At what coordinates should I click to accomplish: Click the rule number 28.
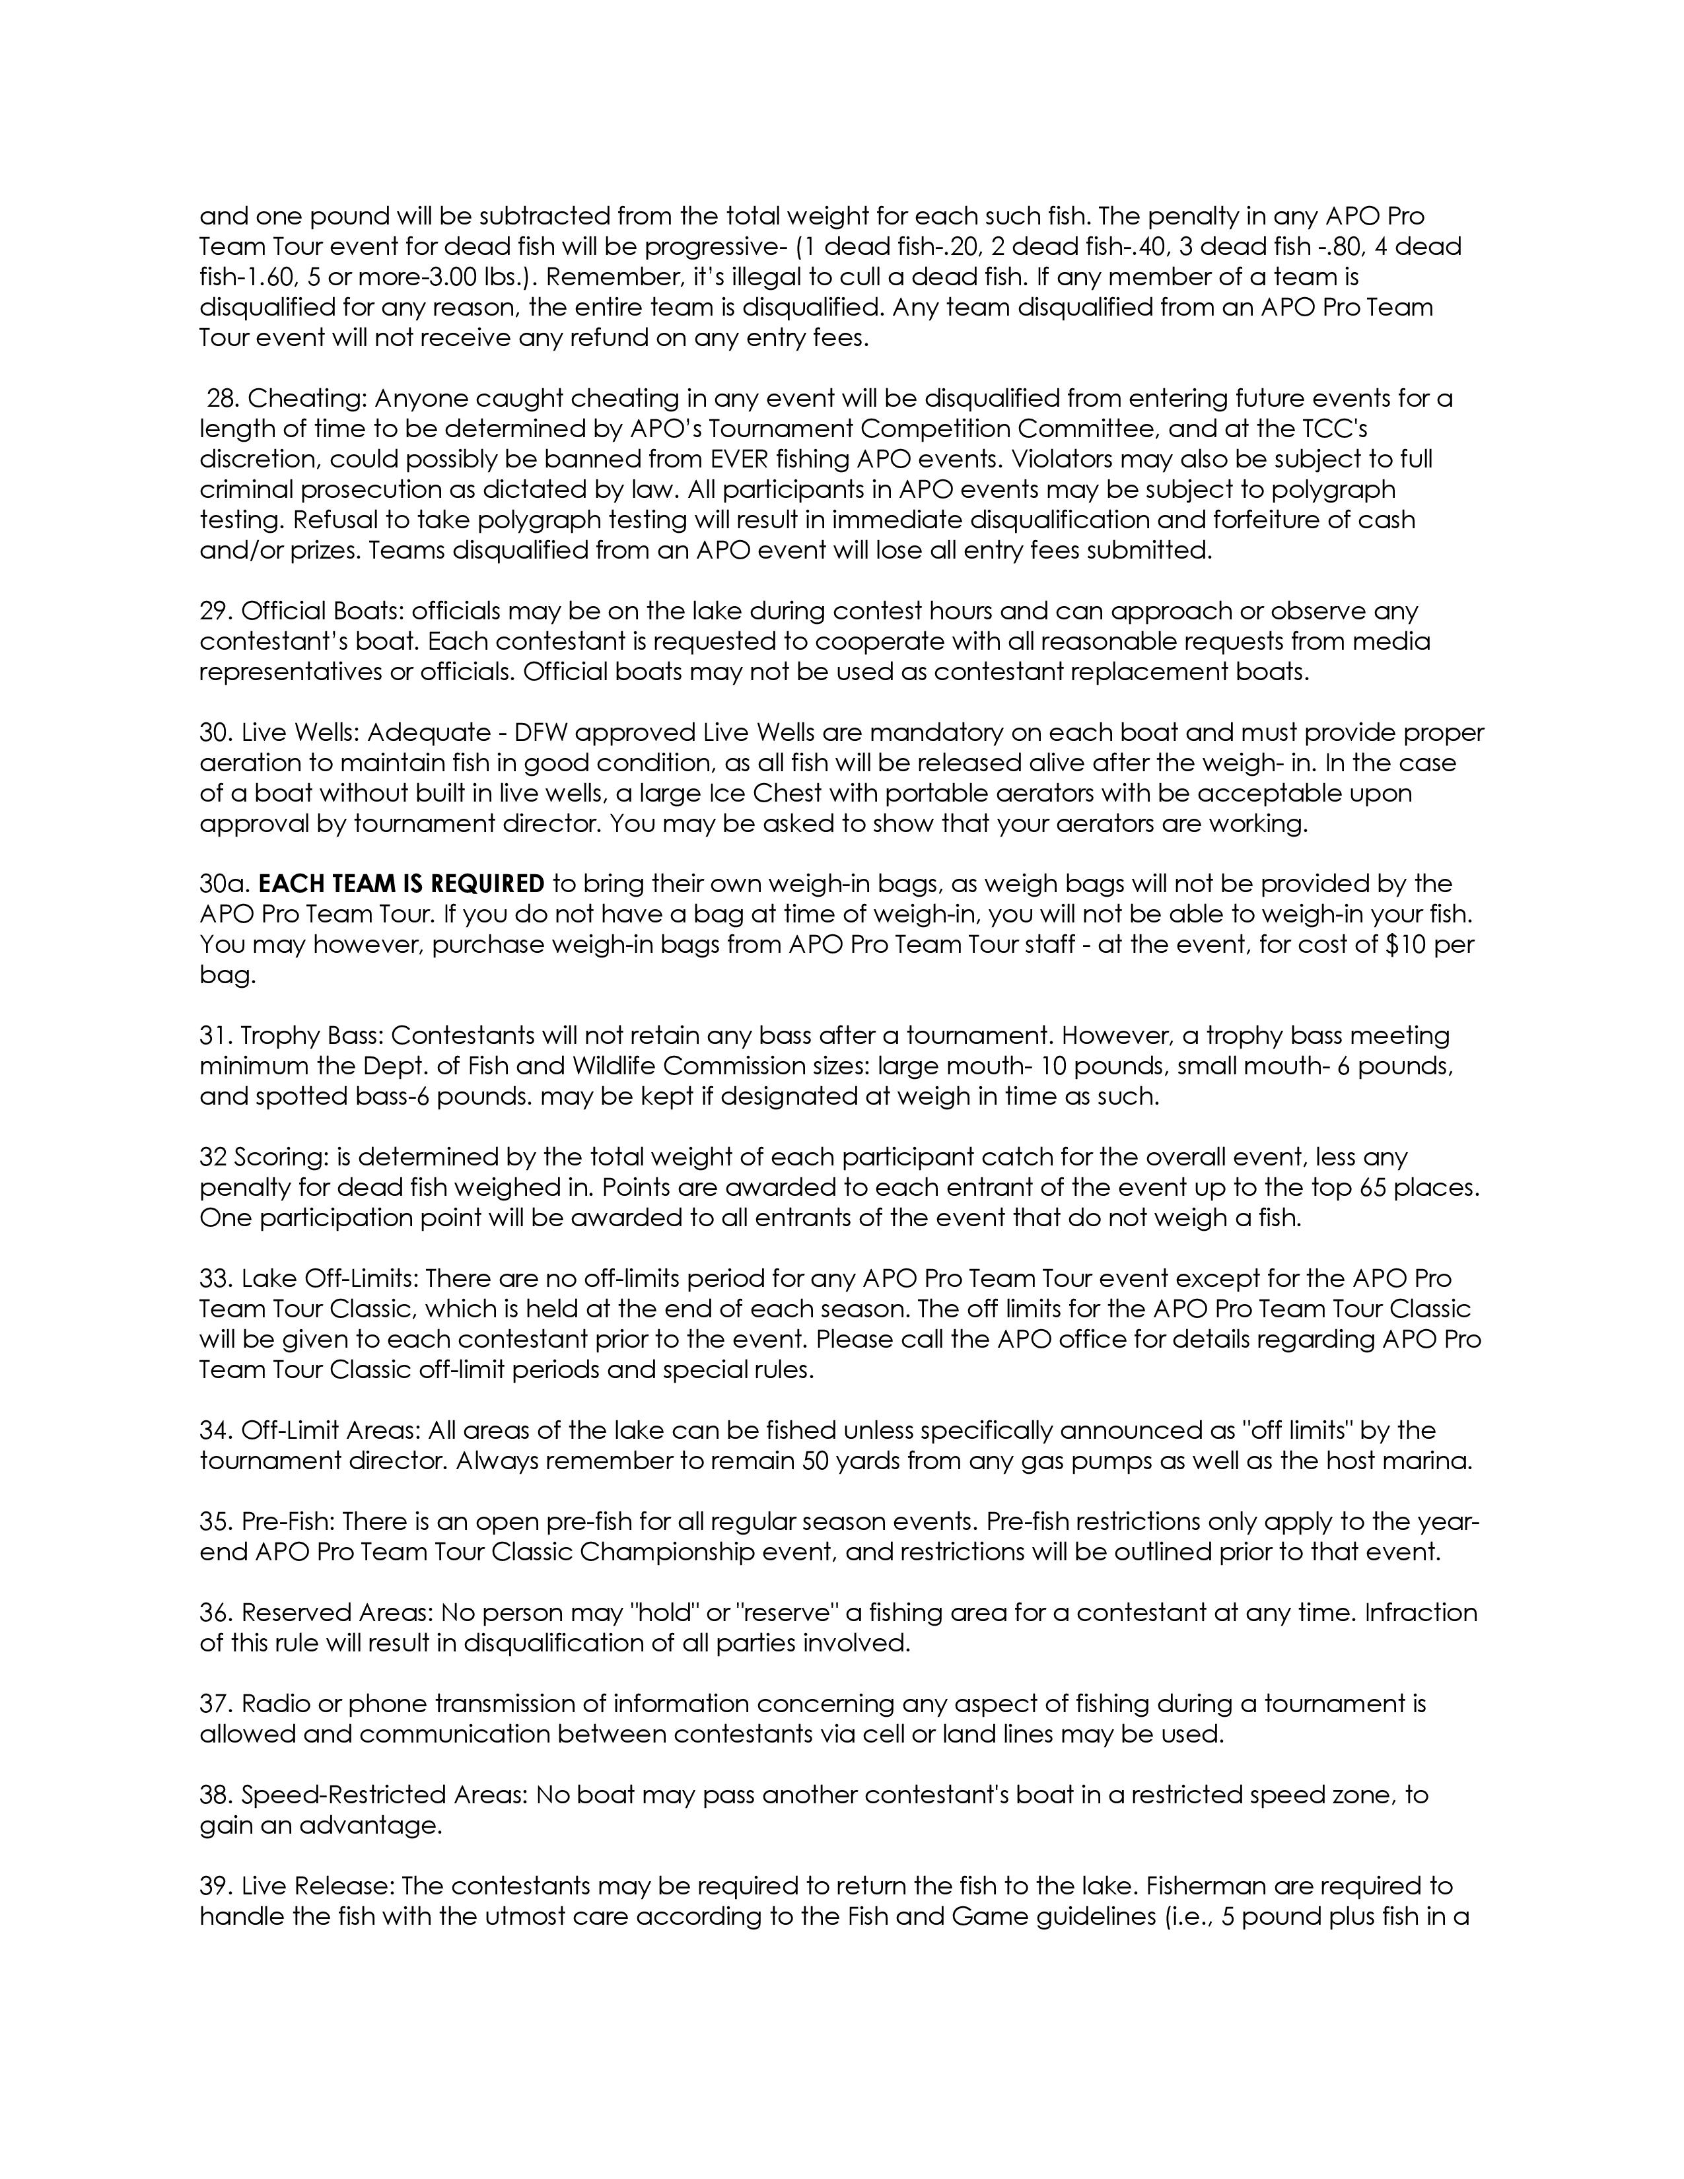[x=221, y=399]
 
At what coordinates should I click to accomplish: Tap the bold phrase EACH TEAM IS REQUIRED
[x=401, y=884]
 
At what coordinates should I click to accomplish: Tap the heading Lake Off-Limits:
[x=330, y=1279]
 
